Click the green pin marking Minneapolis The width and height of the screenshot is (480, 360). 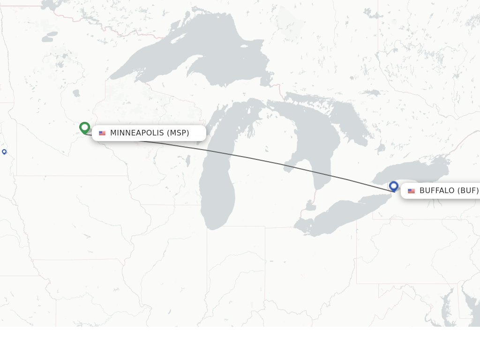click(84, 127)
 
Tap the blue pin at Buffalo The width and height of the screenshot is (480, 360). click(393, 186)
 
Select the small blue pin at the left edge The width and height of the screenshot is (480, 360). click(4, 151)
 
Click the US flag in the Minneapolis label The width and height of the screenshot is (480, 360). click(102, 133)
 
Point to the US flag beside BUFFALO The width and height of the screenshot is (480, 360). click(411, 191)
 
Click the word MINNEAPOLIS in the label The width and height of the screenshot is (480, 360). click(137, 133)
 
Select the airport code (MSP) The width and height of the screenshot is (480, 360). click(178, 133)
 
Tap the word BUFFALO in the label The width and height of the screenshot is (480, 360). click(437, 191)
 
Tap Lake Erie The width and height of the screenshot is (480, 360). click(342, 216)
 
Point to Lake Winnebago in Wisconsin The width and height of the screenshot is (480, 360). click(188, 161)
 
